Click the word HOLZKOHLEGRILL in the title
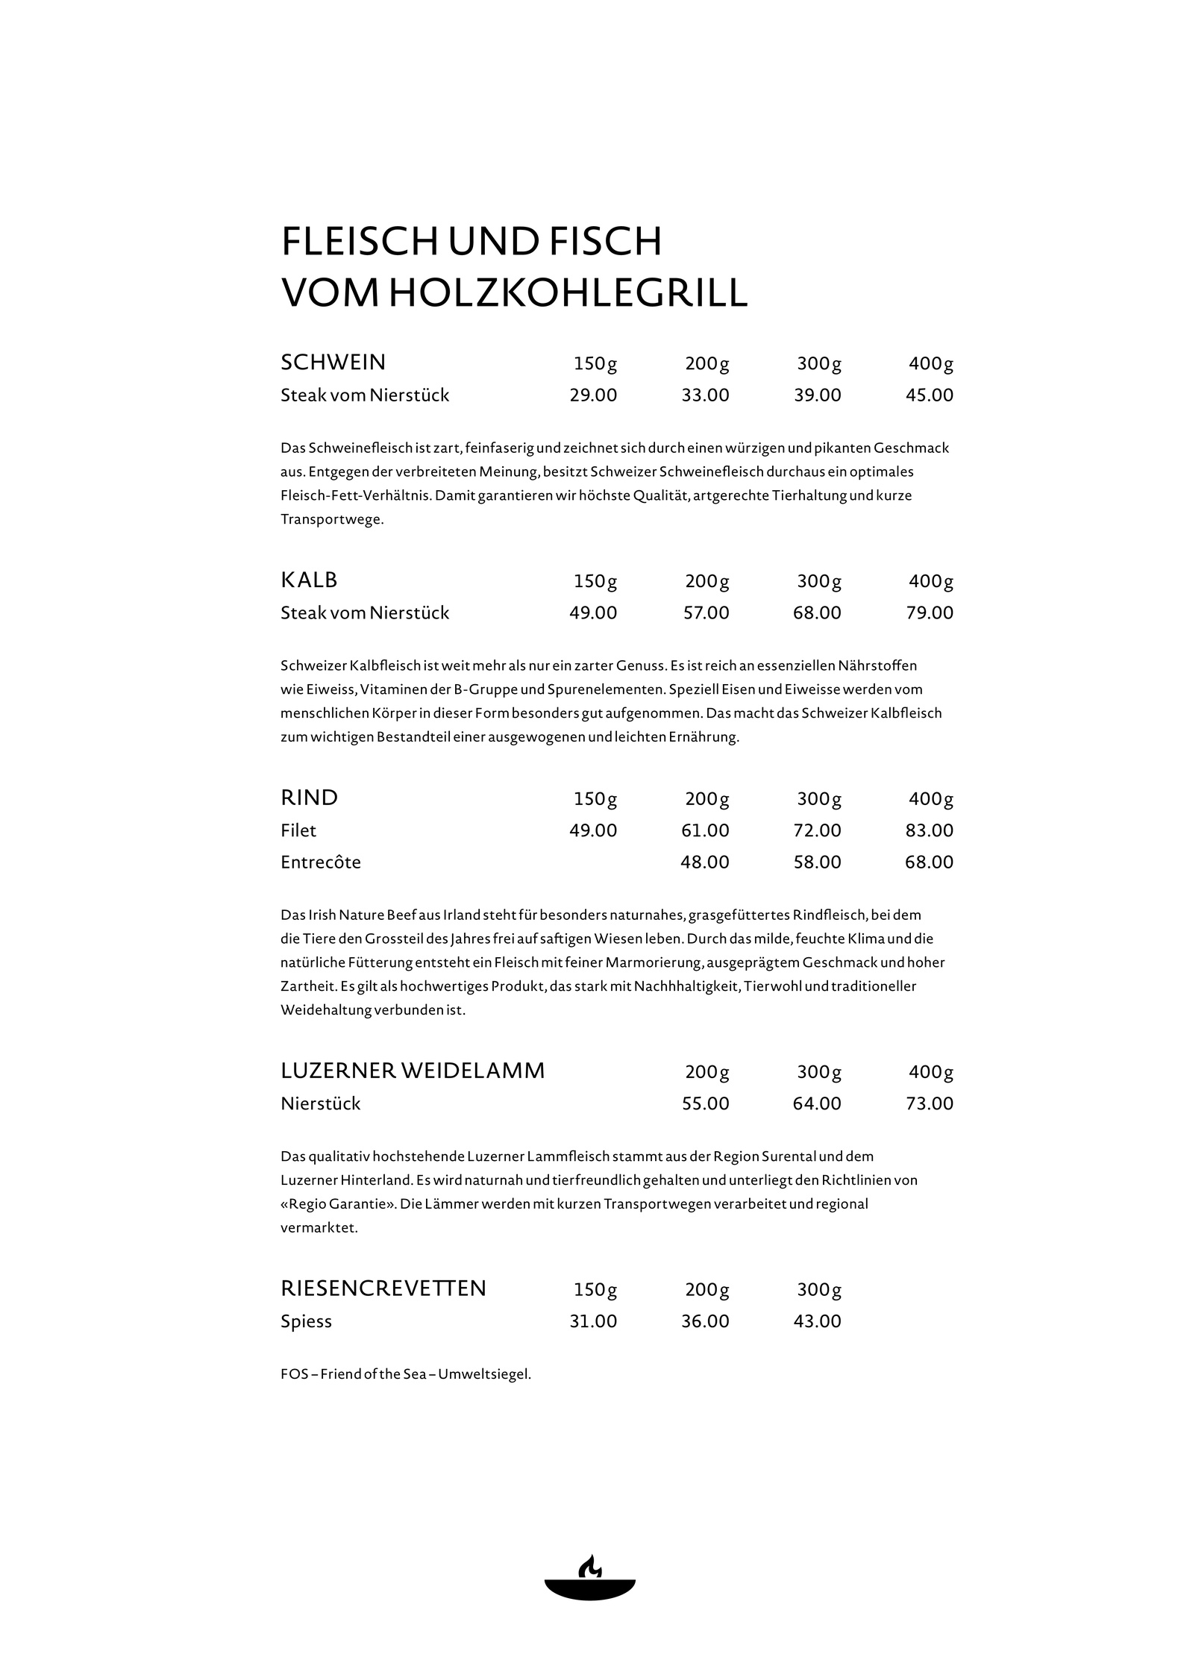[568, 293]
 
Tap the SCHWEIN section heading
[333, 363]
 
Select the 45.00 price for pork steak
[929, 395]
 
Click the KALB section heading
[309, 580]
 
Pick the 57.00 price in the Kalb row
[706, 613]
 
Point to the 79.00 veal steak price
[929, 613]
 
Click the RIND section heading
[309, 798]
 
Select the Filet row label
[298, 830]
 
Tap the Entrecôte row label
[321, 862]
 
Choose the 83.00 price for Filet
[929, 830]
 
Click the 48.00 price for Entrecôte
[704, 862]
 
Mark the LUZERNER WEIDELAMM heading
[413, 1071]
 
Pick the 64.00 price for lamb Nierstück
[816, 1103]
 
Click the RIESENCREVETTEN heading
[383, 1288]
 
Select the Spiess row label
[306, 1321]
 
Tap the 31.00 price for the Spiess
[593, 1321]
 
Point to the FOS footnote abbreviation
[293, 1374]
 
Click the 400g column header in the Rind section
[930, 799]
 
